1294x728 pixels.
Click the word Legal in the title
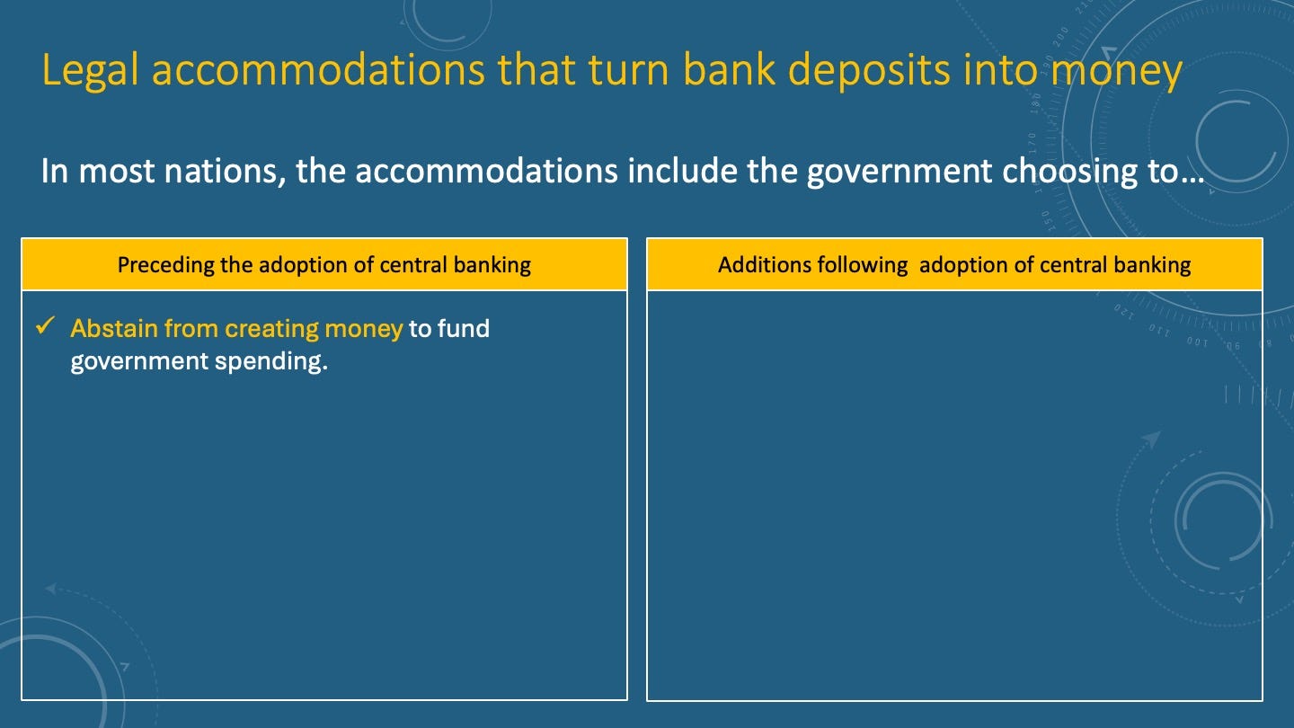click(90, 70)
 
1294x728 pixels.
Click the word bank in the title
click(729, 69)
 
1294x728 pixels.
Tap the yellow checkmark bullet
click(45, 325)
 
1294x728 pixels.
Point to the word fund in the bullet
click(464, 328)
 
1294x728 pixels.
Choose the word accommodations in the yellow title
click(318, 70)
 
